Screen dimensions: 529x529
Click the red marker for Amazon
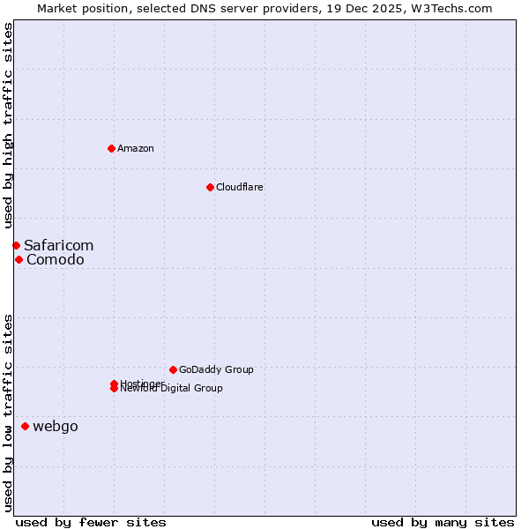111,148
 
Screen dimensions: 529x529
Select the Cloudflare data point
210,187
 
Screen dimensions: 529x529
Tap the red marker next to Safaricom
16,245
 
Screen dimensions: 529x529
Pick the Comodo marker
19,259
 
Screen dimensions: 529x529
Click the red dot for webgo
25,427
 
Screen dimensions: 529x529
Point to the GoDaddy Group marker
173,369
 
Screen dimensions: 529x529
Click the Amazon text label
135,148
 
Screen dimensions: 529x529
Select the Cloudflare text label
239,187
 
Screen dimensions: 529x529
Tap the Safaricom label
58,245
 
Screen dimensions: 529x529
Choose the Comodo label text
55,259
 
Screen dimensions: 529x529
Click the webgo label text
55,427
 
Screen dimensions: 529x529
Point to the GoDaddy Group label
215,369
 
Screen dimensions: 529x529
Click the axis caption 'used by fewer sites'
91,522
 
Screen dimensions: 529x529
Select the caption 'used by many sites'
443,522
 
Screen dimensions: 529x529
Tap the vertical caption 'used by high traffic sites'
9,126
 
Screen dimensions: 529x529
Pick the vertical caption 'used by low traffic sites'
9,413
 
